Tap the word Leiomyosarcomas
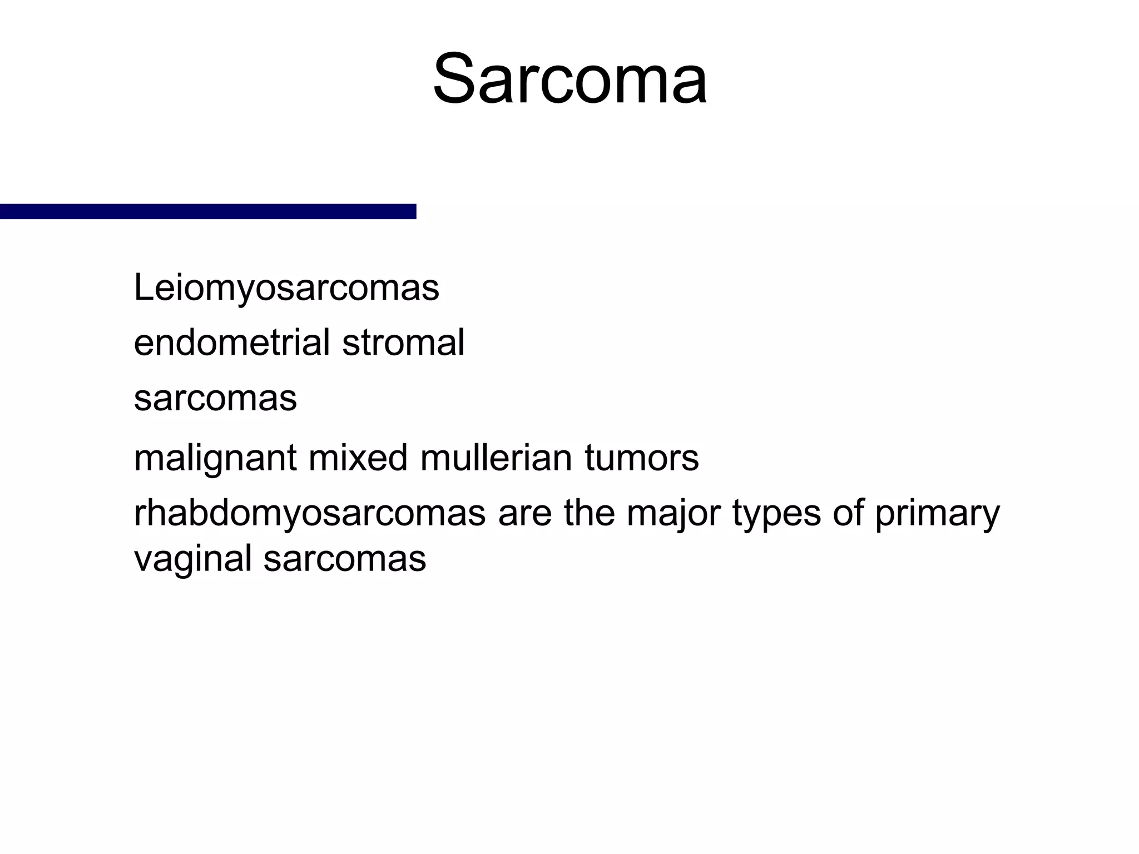click(286, 289)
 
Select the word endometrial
click(232, 342)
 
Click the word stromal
click(403, 342)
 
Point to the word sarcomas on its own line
click(215, 398)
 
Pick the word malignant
click(215, 459)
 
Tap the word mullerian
click(496, 458)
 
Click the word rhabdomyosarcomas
click(310, 513)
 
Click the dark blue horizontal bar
click(208, 211)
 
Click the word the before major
click(589, 513)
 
